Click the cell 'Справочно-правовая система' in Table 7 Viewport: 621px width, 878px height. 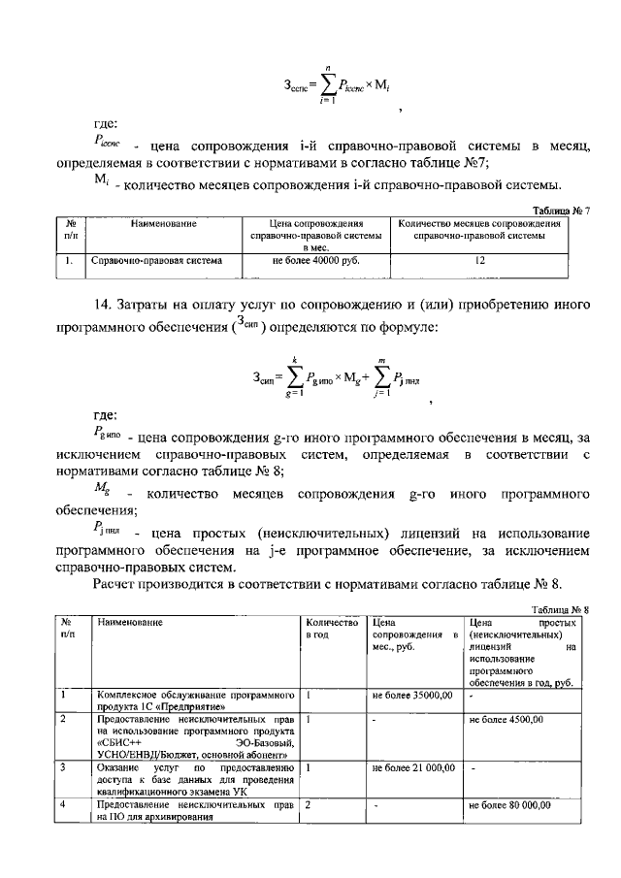pyautogui.click(x=156, y=260)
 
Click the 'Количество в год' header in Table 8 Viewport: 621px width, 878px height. pyautogui.click(x=332, y=627)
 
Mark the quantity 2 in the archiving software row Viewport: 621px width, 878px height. pyautogui.click(x=308, y=805)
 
